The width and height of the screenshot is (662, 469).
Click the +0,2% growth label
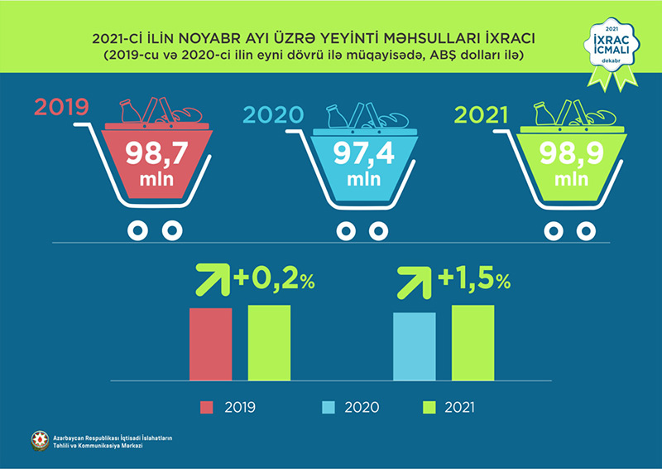click(x=275, y=280)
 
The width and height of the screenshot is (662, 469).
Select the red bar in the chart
click(x=211, y=344)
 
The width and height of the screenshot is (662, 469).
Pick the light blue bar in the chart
click(x=415, y=346)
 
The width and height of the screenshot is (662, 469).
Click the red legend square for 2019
click(x=207, y=407)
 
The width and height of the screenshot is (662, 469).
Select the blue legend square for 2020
click(x=327, y=407)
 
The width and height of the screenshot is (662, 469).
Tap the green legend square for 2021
click(x=429, y=407)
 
